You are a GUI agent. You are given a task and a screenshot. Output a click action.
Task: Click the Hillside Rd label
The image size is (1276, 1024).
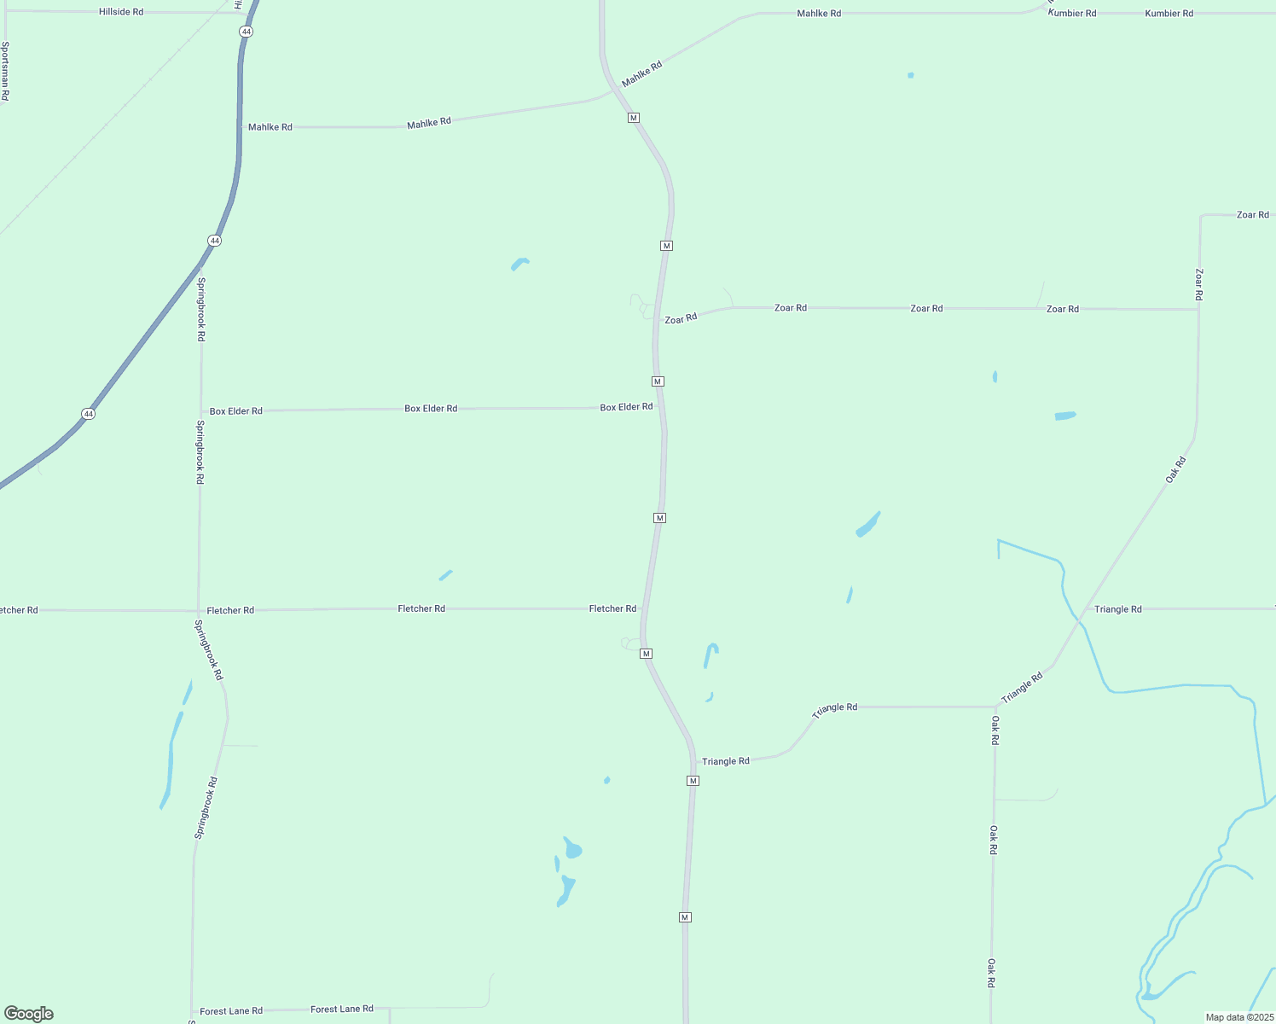point(121,12)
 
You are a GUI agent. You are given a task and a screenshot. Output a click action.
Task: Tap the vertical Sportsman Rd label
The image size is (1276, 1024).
point(5,72)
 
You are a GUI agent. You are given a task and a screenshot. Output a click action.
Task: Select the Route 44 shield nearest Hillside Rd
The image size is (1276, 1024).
point(246,32)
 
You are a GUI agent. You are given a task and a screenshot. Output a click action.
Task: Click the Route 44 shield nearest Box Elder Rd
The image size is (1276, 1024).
point(89,414)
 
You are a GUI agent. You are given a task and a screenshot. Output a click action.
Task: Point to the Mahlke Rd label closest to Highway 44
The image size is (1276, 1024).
point(270,127)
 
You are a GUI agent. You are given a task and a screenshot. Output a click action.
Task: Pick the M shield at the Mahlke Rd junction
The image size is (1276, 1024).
point(634,118)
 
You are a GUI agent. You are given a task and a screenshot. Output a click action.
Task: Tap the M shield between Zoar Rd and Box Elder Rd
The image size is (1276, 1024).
point(658,381)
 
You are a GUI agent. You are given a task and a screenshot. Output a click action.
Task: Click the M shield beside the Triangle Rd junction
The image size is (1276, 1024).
point(693,781)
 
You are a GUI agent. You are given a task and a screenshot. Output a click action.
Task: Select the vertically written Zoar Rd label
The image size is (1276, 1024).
point(1198,284)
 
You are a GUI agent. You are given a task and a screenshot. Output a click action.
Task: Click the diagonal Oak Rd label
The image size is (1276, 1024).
point(1175,470)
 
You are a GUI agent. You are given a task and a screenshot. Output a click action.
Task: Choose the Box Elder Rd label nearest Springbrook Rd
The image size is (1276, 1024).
point(236,411)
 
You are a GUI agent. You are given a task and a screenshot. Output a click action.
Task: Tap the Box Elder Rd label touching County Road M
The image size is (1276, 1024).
point(626,408)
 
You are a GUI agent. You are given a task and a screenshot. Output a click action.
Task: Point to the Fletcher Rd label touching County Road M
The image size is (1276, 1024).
point(612,608)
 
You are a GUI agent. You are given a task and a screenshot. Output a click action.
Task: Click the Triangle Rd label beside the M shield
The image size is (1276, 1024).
point(725,761)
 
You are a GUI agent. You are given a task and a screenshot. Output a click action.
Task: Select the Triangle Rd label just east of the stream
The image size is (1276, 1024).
point(1117,609)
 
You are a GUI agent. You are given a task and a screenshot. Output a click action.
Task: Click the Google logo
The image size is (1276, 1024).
point(29,1014)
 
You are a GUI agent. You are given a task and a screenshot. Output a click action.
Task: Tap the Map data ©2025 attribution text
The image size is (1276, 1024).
point(1238,1017)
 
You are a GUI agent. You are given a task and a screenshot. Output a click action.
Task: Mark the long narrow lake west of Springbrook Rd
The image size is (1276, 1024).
point(171,759)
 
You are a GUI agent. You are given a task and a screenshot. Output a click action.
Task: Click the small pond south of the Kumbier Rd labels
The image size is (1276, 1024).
point(911,75)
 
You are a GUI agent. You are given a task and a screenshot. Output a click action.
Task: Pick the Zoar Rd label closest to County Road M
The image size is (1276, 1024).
point(681,318)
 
